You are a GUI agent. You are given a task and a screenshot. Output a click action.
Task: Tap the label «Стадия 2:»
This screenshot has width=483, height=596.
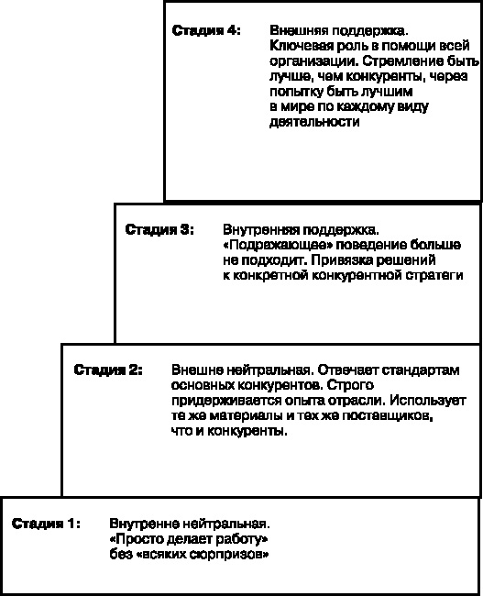coord(107,370)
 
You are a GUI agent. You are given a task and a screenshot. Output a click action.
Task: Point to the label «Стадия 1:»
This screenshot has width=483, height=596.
coord(46,524)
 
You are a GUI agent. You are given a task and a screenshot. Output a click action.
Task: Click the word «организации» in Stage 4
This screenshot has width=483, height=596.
coord(308,61)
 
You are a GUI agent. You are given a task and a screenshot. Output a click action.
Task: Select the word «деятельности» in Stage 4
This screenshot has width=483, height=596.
coord(310,121)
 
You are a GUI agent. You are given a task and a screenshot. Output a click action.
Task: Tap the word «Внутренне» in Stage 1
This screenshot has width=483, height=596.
coord(138,524)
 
